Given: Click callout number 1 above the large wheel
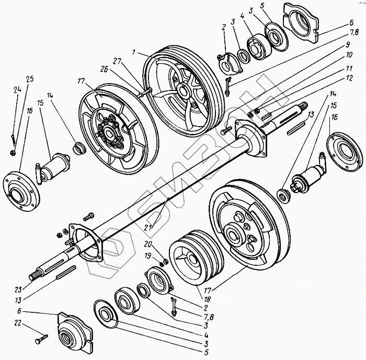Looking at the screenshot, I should pos(134,52).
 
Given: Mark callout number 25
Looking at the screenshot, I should pos(29,80).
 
